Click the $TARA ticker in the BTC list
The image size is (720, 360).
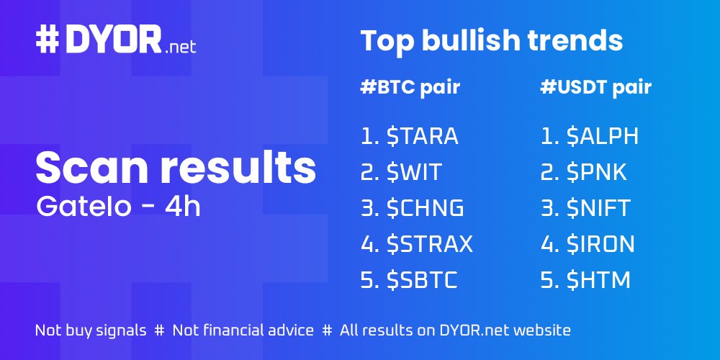pos(422,136)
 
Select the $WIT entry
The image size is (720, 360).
pos(414,172)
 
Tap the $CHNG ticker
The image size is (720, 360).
pos(425,208)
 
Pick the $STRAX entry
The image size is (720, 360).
pos(429,244)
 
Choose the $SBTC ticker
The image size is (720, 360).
pos(422,280)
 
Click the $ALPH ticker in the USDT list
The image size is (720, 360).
pos(603,136)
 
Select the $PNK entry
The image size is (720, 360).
pos(597,172)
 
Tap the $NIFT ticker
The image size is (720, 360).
pos(598,208)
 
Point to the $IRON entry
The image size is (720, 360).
pos(600,244)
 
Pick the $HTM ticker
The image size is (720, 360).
pos(598,280)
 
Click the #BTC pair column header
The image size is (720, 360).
pos(410,88)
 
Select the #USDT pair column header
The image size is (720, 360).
pos(595,88)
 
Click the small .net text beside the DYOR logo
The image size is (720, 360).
pos(180,48)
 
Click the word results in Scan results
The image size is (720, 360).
pos(238,167)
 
